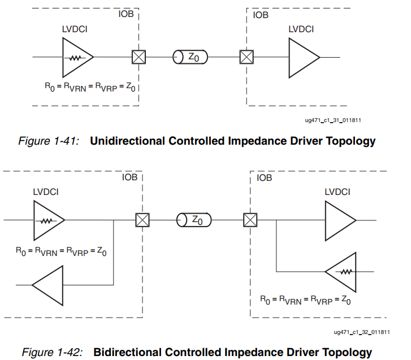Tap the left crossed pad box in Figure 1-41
click(139, 57)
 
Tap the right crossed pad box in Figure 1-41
click(246, 57)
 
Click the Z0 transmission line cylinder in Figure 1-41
click(190, 57)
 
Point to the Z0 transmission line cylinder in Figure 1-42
click(193, 220)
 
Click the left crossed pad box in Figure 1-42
click(142, 220)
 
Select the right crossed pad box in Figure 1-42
click(249, 220)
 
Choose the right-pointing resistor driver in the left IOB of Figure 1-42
click(48, 220)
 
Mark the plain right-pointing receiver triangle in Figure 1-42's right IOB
click(339, 220)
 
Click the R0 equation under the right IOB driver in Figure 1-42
click(305, 300)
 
